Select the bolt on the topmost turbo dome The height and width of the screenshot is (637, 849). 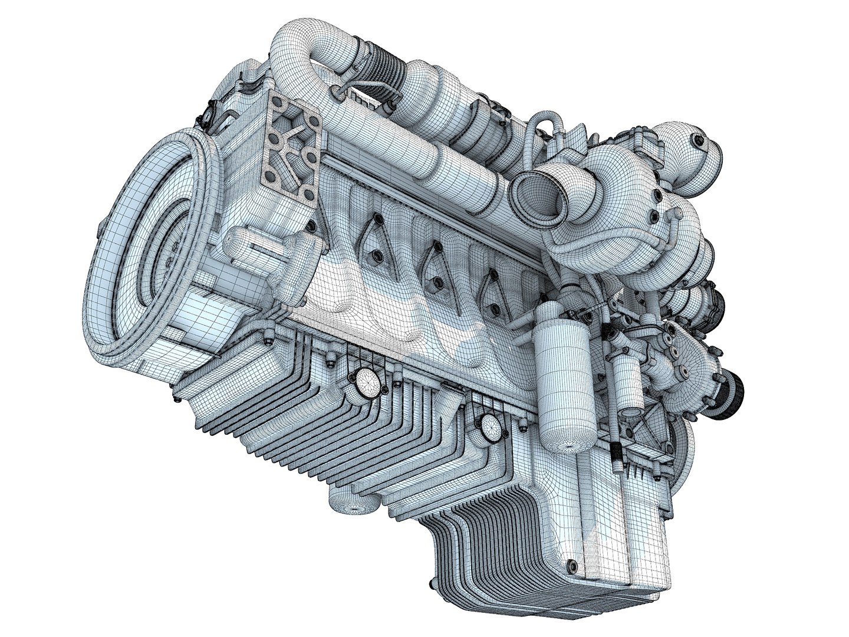tap(699, 140)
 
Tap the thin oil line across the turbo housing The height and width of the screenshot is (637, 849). tap(590, 242)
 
